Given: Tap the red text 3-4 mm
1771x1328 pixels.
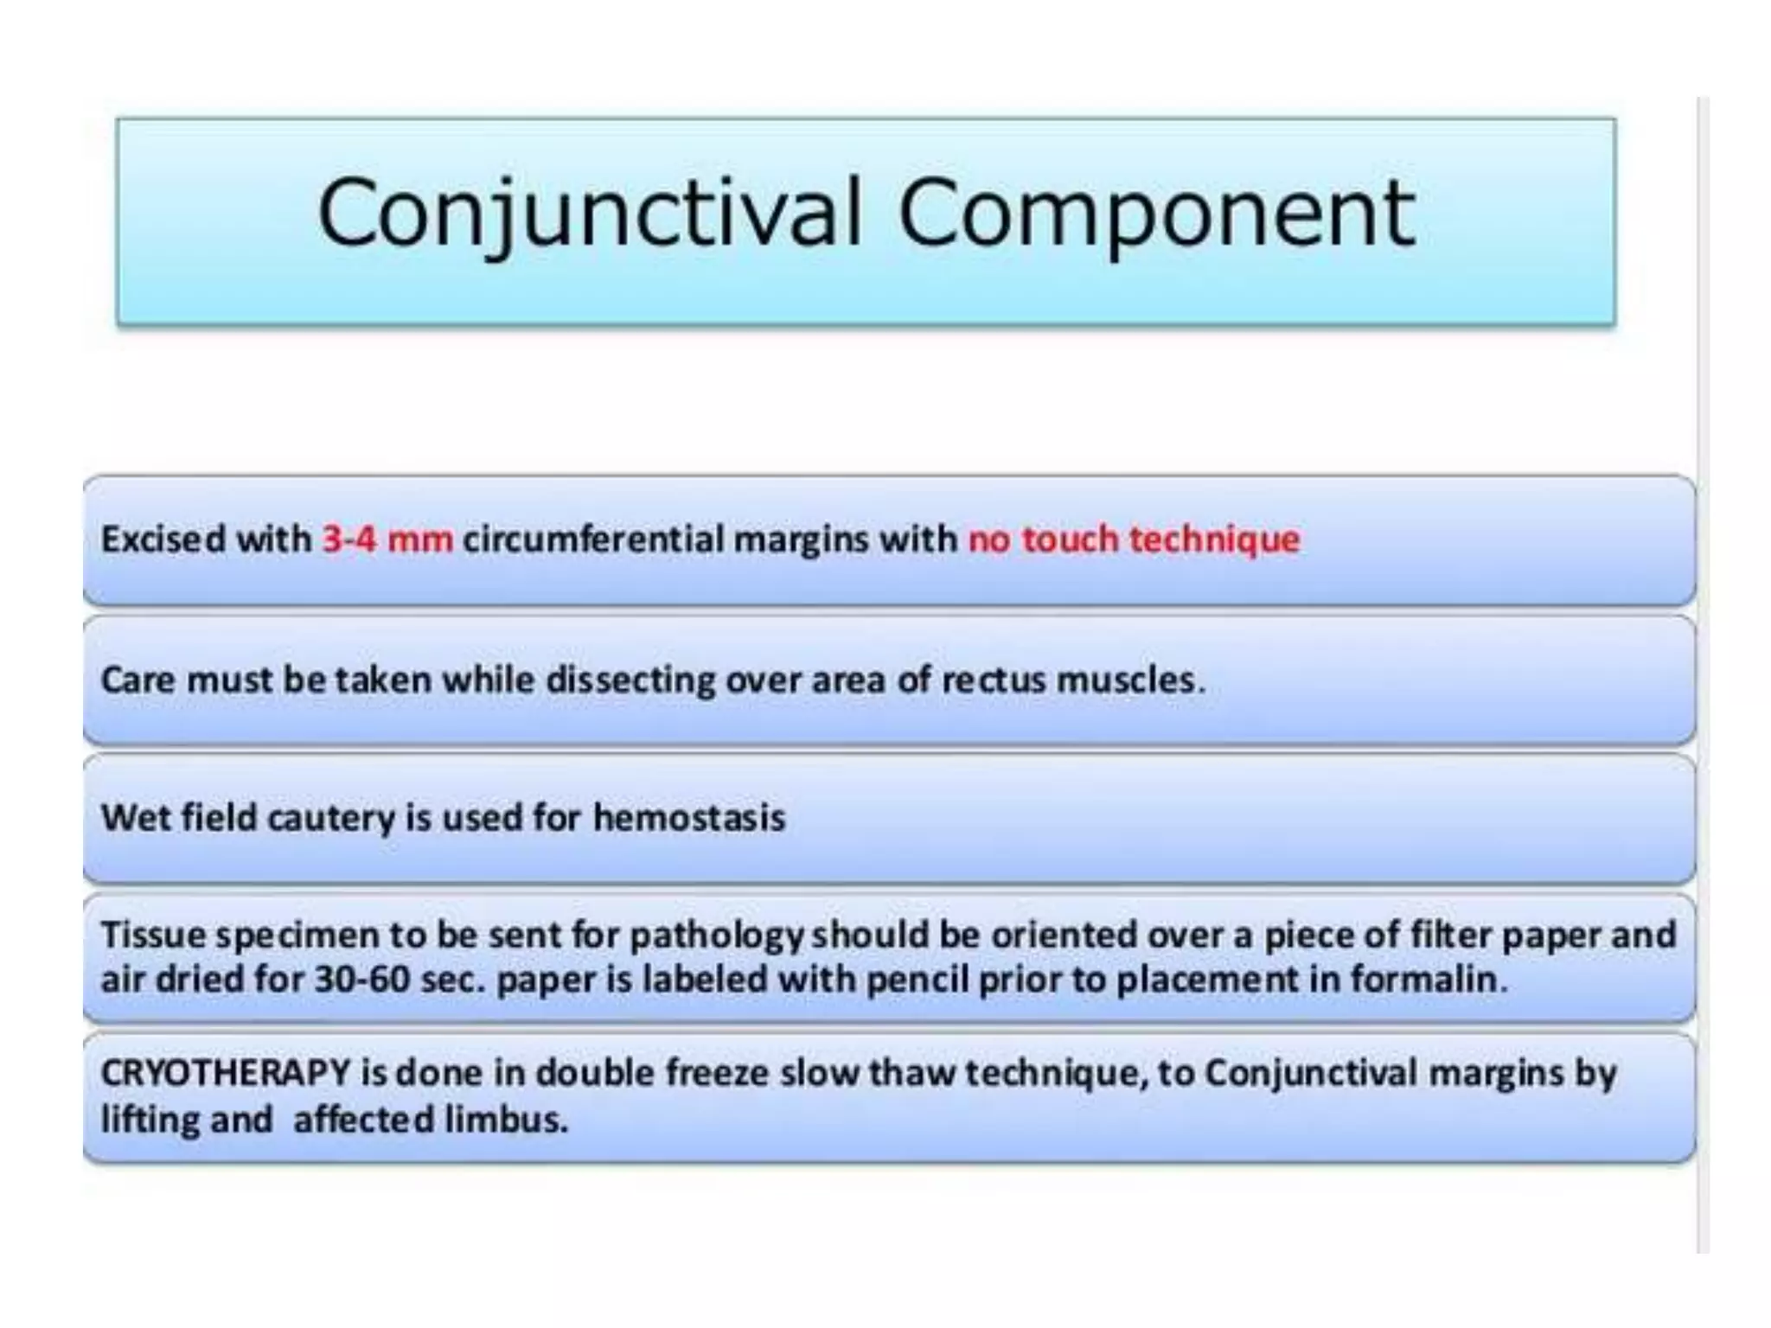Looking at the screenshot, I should [387, 539].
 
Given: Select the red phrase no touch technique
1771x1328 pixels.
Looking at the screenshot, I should [1134, 539].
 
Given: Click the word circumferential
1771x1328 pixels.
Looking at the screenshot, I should [593, 539].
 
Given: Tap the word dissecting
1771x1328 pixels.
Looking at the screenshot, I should [630, 680].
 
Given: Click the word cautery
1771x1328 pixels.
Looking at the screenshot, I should [331, 818].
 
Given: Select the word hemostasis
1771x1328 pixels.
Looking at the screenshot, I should [689, 818].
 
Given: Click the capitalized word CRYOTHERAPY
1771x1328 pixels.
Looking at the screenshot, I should [226, 1074].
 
